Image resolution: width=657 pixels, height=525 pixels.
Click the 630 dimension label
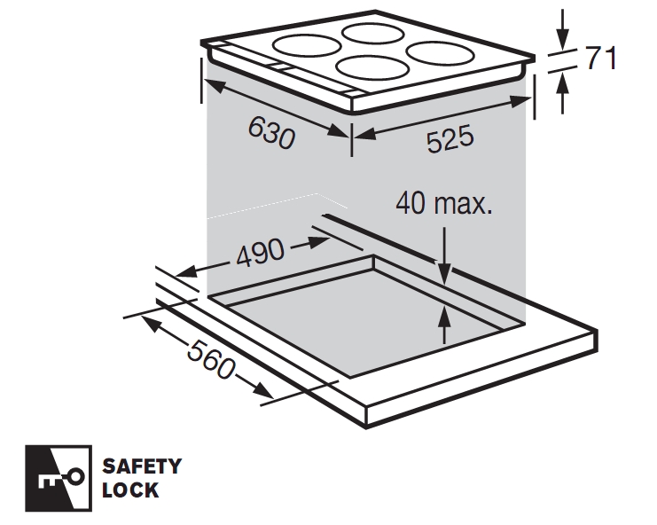pos(271,132)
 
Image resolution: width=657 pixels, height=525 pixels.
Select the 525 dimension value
pos(450,138)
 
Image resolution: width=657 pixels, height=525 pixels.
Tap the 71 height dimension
pos(601,58)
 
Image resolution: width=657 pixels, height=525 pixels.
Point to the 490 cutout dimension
pos(260,253)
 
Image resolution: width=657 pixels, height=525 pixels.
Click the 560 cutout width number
pos(211,359)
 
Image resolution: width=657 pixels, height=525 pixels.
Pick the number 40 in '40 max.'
pos(411,203)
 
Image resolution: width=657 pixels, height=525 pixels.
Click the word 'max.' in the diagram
pos(463,204)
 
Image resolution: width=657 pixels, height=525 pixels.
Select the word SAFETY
pos(142,466)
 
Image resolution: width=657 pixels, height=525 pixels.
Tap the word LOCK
pos(130,490)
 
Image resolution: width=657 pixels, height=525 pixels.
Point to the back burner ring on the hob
pos(372,33)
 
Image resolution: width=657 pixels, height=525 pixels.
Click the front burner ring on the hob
pos(372,68)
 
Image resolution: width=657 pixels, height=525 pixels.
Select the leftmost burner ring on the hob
pos(306,45)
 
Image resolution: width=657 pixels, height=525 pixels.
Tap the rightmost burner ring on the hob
pos(440,53)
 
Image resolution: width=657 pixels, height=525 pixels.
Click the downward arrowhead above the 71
pos(563,39)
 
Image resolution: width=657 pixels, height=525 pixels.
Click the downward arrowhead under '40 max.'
pos(445,274)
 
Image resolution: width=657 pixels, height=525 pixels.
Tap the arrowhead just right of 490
pos(318,243)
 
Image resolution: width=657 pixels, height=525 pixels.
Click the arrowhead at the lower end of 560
pos(262,390)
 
